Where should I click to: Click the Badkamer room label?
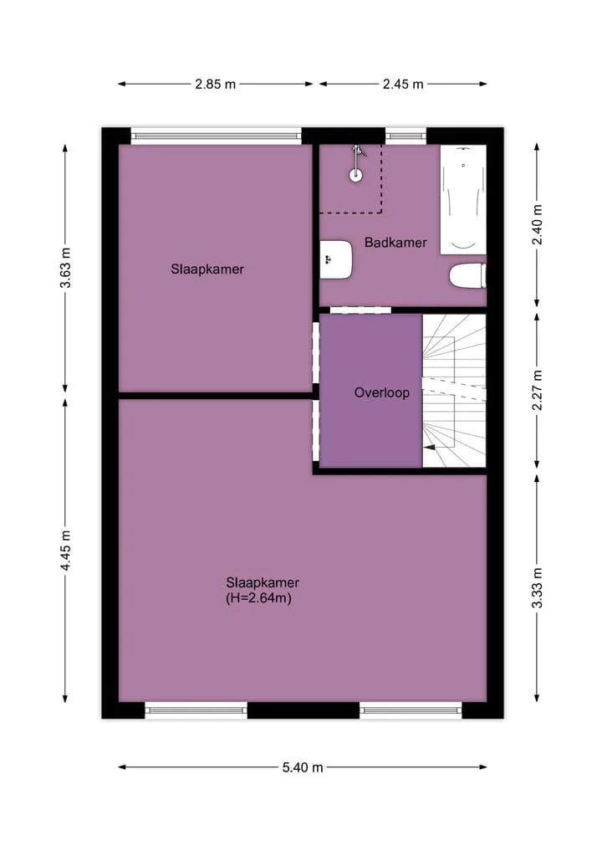click(x=395, y=243)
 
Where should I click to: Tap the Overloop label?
click(x=382, y=392)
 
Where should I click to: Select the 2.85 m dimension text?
click(x=216, y=85)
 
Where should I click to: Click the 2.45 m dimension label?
click(x=403, y=85)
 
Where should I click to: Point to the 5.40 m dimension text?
click(x=303, y=767)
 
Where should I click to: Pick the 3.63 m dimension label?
click(x=65, y=268)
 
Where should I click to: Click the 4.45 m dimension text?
click(x=65, y=551)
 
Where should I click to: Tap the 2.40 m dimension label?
click(x=537, y=225)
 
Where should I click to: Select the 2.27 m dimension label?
click(x=537, y=390)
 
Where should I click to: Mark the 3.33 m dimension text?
click(x=537, y=588)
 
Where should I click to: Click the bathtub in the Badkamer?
click(x=462, y=199)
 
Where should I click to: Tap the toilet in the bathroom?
click(x=467, y=275)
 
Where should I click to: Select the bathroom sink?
click(x=336, y=259)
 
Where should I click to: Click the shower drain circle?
click(x=356, y=175)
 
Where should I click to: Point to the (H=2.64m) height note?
click(x=258, y=598)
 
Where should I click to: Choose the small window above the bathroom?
click(x=406, y=136)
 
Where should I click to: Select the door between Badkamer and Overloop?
click(x=360, y=310)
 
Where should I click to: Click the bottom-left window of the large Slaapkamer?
click(x=196, y=710)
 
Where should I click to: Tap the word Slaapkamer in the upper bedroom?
click(x=207, y=269)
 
